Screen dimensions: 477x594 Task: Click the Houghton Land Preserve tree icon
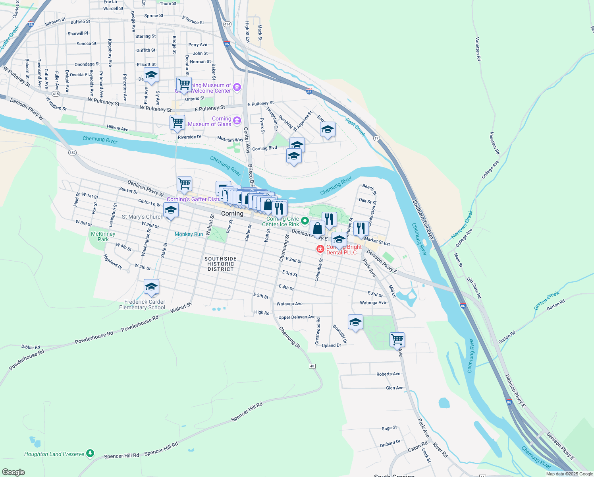[90, 453]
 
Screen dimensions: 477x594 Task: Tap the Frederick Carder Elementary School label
[142, 304]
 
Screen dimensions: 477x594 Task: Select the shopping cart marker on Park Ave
[397, 340]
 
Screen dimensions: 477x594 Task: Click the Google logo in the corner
[13, 472]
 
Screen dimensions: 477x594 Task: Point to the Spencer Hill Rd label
[247, 412]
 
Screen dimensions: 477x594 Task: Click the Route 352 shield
[72, 153]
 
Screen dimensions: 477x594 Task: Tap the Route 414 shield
[227, 24]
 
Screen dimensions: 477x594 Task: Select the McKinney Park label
[103, 237]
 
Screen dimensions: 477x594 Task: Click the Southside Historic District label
[220, 264]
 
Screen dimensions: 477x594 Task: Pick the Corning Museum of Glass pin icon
[237, 120]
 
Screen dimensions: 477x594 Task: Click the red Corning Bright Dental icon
[320, 249]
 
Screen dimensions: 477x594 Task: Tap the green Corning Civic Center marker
[305, 220]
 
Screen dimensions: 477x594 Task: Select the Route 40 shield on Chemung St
[312, 366]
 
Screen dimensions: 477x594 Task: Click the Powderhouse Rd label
[94, 337]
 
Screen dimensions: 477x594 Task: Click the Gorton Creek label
[546, 300]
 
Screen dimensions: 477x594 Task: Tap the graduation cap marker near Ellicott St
[151, 75]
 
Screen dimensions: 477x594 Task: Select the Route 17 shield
[376, 138]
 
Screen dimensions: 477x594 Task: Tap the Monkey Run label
[189, 234]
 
